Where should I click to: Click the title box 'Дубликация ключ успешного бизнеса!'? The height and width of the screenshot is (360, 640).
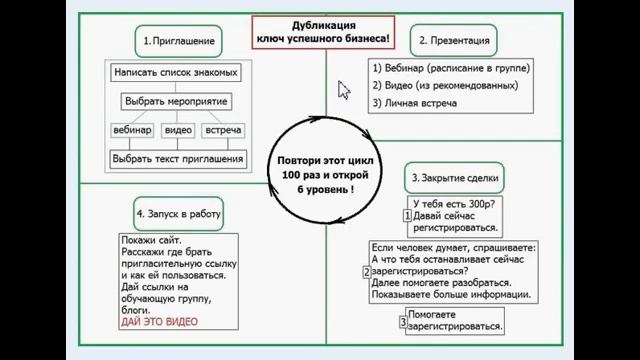tap(322, 33)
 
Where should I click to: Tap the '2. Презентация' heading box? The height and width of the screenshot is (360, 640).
tap(453, 40)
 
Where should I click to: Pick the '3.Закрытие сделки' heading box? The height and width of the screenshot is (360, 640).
tap(455, 180)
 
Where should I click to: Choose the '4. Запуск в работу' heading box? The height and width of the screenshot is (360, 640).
tap(178, 213)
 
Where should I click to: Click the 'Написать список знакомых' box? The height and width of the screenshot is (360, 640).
tap(176, 73)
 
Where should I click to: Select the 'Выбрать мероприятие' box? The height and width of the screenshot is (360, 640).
tap(176, 101)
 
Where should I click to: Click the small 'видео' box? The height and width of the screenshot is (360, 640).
tap(178, 131)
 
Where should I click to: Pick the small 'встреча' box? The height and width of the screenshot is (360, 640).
tap(223, 131)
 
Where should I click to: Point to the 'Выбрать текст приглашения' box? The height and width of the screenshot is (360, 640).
tap(178, 158)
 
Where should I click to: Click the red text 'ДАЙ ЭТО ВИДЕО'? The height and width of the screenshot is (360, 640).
tap(158, 322)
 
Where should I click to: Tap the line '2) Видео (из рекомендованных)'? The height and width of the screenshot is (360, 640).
tap(443, 86)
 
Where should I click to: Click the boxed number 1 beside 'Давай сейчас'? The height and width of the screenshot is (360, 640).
tap(407, 214)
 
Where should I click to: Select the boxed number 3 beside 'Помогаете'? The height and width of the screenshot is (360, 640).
tap(402, 321)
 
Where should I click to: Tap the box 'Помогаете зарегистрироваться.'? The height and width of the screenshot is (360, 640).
tap(457, 320)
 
